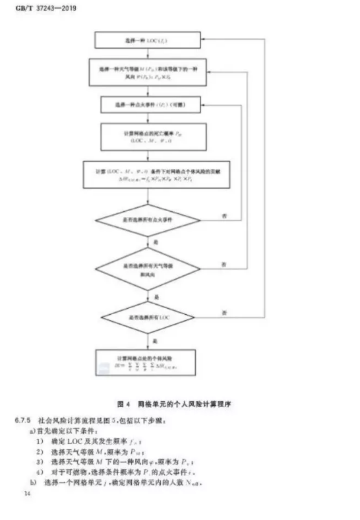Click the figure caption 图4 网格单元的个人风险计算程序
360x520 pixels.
[x=176, y=401]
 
